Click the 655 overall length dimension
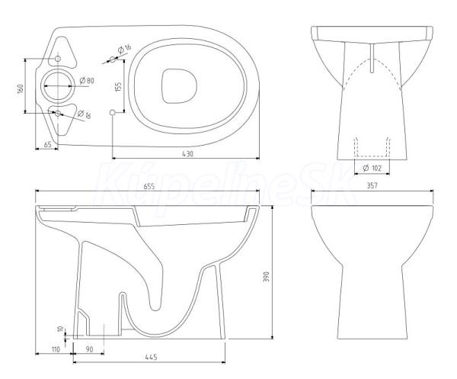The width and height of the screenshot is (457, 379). click(149, 186)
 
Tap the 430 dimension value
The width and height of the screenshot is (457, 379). click(187, 154)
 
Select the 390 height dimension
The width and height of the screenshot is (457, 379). click(266, 277)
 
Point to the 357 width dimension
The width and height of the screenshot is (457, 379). click(372, 185)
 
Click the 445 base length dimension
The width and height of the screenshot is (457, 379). click(151, 357)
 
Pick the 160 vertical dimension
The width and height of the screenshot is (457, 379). click(20, 88)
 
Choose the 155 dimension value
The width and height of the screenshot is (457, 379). click(118, 87)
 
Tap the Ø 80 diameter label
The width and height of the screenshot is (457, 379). click(87, 80)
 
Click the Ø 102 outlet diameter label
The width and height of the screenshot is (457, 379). click(372, 168)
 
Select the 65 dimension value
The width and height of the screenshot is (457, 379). click(47, 144)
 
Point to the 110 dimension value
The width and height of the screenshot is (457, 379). click(55, 349)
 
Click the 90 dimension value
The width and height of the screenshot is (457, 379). click(89, 349)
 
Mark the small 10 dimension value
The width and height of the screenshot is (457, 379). click(61, 329)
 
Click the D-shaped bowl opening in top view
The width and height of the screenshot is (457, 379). click(179, 86)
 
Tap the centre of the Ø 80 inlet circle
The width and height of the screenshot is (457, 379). click(58, 86)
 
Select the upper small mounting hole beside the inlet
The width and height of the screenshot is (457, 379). click(58, 59)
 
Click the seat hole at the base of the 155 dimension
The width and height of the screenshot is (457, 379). click(112, 112)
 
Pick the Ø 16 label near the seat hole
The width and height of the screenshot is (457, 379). click(124, 49)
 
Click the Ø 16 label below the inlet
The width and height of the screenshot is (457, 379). click(85, 114)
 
